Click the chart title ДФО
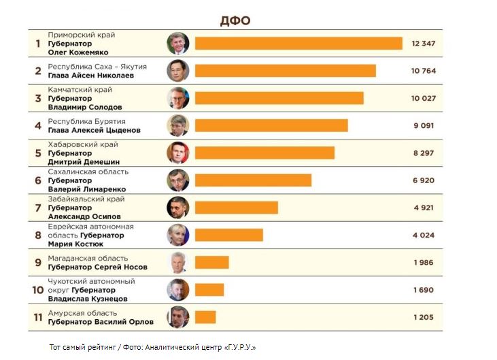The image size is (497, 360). (x=235, y=20)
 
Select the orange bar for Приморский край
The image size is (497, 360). (x=298, y=44)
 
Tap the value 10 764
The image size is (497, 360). (x=423, y=71)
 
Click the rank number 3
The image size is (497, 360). (x=38, y=98)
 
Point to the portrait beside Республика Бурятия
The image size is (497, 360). (x=177, y=125)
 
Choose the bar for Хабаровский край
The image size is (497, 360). (x=264, y=152)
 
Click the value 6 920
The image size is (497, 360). (x=423, y=180)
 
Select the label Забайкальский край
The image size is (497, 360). (x=86, y=199)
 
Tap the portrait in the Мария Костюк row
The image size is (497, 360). (x=177, y=235)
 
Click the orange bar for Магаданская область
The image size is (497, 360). (x=211, y=262)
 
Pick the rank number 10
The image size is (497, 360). (x=38, y=290)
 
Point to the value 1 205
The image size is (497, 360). (x=423, y=317)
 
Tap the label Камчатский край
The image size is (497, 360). (x=80, y=89)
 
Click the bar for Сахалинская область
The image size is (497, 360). (x=253, y=180)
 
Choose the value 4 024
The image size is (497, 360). (x=423, y=235)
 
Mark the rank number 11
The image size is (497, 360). (x=38, y=317)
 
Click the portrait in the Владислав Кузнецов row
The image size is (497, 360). (x=177, y=290)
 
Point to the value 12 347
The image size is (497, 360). (x=423, y=44)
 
